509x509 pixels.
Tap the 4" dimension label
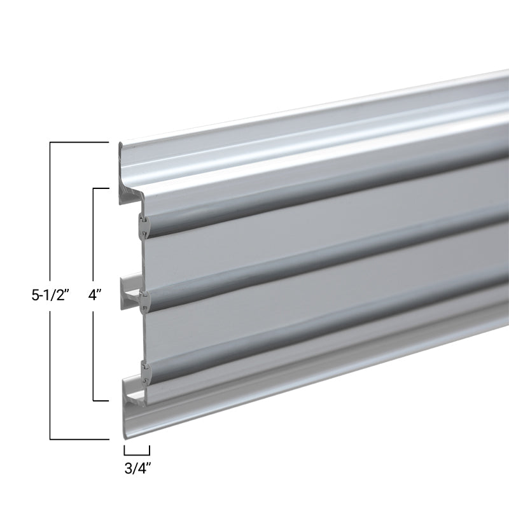[x=96, y=296]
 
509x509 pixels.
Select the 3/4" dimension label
[x=137, y=470]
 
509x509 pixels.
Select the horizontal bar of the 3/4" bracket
[x=137, y=452]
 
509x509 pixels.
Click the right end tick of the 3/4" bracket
[x=150, y=449]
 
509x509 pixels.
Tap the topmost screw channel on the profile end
[x=144, y=225]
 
